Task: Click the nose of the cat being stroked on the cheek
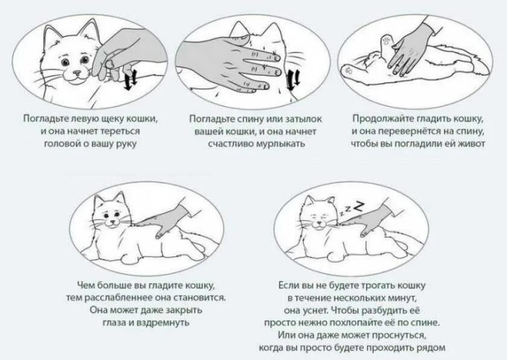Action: click(x=77, y=73)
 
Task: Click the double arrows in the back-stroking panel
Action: click(x=293, y=80)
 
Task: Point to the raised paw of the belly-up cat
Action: click(x=387, y=43)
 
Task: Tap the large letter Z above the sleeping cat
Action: click(x=359, y=206)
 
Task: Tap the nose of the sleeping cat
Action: click(x=319, y=222)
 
